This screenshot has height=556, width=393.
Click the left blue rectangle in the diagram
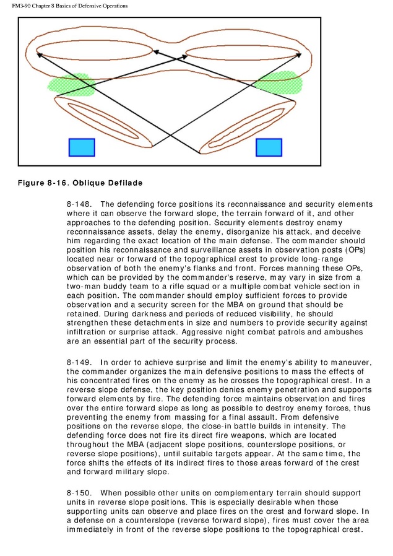[81, 147]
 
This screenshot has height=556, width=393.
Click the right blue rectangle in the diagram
[269, 147]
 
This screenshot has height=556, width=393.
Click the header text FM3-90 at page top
[23, 6]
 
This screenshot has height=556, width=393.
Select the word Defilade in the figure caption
[124, 183]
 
